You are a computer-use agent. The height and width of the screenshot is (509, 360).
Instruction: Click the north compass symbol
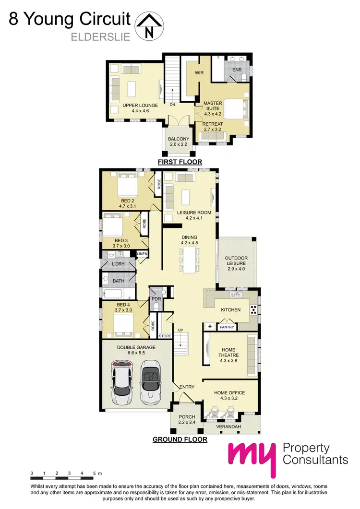point(150,26)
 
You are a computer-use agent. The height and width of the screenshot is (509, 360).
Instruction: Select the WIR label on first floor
point(200,73)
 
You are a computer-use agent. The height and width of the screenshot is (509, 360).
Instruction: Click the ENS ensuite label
point(237,70)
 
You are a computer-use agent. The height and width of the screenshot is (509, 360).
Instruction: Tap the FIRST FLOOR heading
point(180,162)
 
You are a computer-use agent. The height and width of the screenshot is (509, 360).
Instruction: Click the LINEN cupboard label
point(143,253)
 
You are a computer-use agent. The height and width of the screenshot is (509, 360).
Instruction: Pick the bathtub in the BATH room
point(118,294)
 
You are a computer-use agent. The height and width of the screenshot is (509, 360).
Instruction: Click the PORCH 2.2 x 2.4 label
point(186,420)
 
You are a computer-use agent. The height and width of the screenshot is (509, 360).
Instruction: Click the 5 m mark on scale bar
point(94,473)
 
